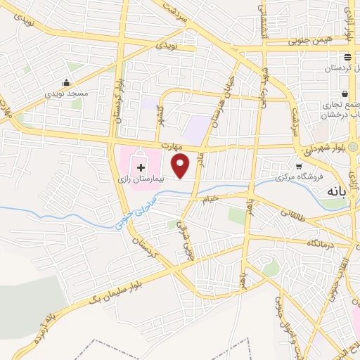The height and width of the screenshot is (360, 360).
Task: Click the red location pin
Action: click(181, 165)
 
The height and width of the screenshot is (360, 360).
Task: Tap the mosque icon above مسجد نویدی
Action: click(67, 82)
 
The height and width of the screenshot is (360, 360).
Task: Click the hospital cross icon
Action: click(141, 167)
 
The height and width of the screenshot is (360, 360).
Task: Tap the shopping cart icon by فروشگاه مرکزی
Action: click(300, 167)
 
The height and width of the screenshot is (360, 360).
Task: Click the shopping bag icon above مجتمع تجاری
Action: click(345, 94)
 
